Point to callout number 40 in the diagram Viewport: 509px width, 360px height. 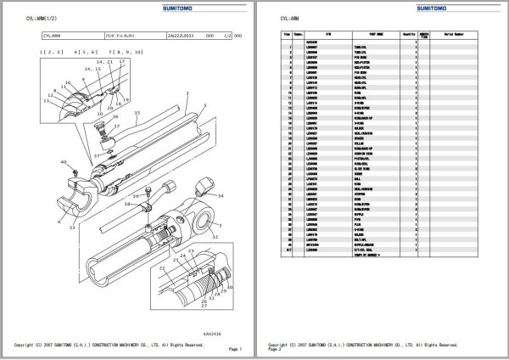click(x=64, y=161)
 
